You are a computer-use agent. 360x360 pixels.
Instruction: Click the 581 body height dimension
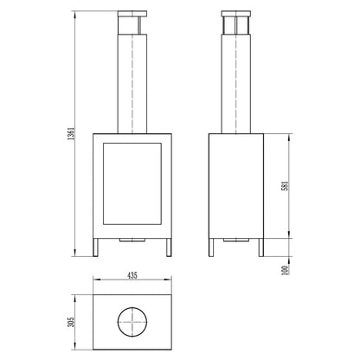click(286, 186)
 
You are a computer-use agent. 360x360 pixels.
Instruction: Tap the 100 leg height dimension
click(285, 270)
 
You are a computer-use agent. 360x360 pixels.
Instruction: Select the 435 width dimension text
click(132, 275)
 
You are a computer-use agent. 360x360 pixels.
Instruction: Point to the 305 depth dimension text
click(71, 322)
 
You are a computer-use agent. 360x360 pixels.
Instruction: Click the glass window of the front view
click(132, 183)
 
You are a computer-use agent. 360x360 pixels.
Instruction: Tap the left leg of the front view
click(96, 247)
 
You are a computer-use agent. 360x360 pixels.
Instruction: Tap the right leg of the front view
click(169, 247)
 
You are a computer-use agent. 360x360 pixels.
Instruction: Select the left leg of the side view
click(211, 247)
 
